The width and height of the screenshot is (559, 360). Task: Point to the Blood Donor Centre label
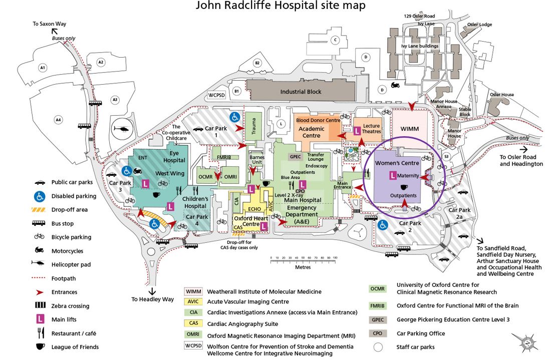318,121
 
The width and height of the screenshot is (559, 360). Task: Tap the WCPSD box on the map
218,95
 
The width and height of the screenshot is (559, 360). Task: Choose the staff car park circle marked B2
257,63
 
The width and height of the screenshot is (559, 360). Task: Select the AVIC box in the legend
193,302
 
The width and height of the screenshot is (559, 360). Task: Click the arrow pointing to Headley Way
152,290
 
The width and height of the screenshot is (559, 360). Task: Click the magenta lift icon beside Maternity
393,176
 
